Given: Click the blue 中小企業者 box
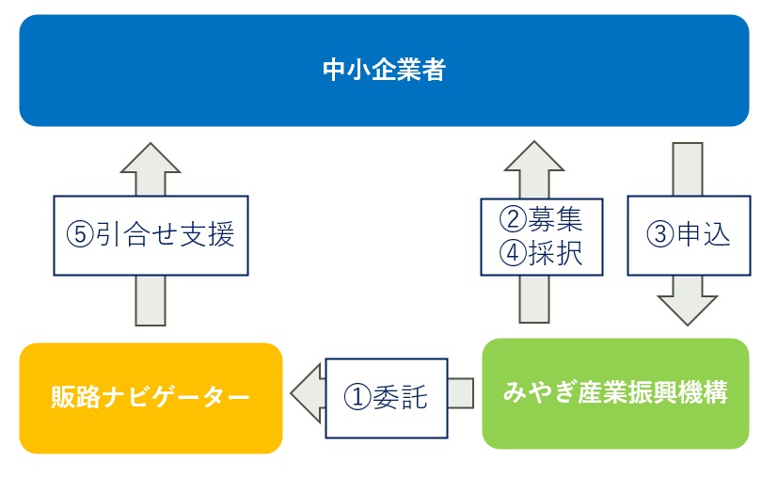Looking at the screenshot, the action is click(384, 70).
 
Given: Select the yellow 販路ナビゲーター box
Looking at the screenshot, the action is click(151, 398).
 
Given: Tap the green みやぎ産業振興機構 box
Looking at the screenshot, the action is click(615, 393).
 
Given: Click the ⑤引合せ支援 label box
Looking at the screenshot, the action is click(151, 235).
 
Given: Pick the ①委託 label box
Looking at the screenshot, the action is click(387, 398).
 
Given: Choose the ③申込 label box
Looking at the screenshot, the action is click(689, 235).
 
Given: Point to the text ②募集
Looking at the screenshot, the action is click(541, 219).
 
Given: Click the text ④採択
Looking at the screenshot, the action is click(541, 253).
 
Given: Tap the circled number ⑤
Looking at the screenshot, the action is click(80, 235).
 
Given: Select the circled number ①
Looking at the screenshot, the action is click(357, 398).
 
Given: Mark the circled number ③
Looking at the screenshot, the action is click(660, 234).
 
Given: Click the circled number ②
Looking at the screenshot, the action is click(513, 219).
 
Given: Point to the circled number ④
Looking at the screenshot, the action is click(513, 253).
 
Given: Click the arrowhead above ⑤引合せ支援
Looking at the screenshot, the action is click(151, 159).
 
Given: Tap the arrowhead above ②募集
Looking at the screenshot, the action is click(534, 156).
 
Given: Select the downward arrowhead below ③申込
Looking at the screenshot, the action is click(687, 310).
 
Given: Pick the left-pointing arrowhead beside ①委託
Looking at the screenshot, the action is click(305, 393).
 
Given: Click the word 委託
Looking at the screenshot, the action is click(400, 398).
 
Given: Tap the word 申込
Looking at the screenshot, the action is click(704, 234).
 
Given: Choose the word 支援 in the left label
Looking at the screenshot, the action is click(207, 235).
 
